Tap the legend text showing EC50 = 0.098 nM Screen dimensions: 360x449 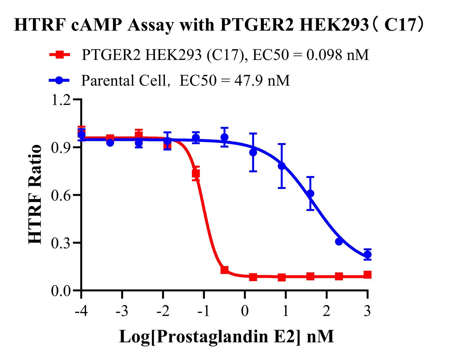[x=225, y=55]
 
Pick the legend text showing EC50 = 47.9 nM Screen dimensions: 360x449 [x=185, y=80]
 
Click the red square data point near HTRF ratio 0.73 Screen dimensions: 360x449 [x=196, y=173]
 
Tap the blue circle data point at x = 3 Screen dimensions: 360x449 [x=367, y=255]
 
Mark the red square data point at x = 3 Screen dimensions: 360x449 [x=367, y=275]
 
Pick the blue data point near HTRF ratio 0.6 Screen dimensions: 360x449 [x=310, y=194]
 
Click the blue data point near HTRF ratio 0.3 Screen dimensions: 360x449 [x=339, y=241]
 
